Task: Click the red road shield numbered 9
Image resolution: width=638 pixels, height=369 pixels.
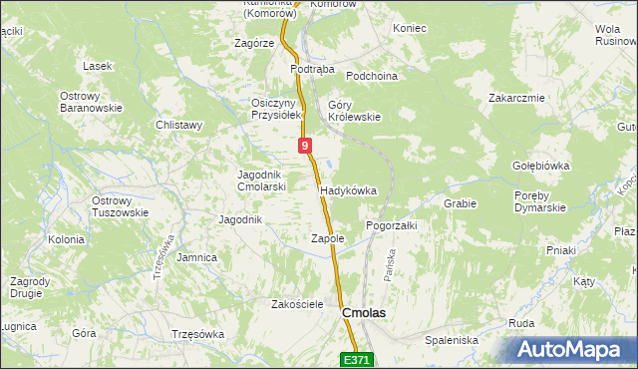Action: point(304,146)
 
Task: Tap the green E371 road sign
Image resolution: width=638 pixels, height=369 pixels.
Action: point(359,359)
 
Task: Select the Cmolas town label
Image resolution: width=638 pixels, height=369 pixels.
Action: point(364,312)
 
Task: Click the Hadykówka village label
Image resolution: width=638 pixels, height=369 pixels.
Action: point(348,189)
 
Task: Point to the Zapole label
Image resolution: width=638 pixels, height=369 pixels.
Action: point(327,238)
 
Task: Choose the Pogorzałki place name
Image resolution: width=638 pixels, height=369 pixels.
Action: point(391,225)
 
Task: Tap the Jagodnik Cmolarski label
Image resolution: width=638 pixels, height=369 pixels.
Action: point(262,181)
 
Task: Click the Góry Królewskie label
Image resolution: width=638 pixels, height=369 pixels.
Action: point(354,111)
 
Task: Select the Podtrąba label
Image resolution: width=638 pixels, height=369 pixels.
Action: point(312,70)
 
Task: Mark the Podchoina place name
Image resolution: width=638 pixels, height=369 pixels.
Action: point(372,76)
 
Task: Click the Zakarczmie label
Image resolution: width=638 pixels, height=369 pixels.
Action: point(515,98)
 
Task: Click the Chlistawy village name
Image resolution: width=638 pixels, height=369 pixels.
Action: point(179,125)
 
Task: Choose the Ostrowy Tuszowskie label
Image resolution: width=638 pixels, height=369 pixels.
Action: point(120,206)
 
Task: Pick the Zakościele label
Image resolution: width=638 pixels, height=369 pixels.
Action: point(298,304)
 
